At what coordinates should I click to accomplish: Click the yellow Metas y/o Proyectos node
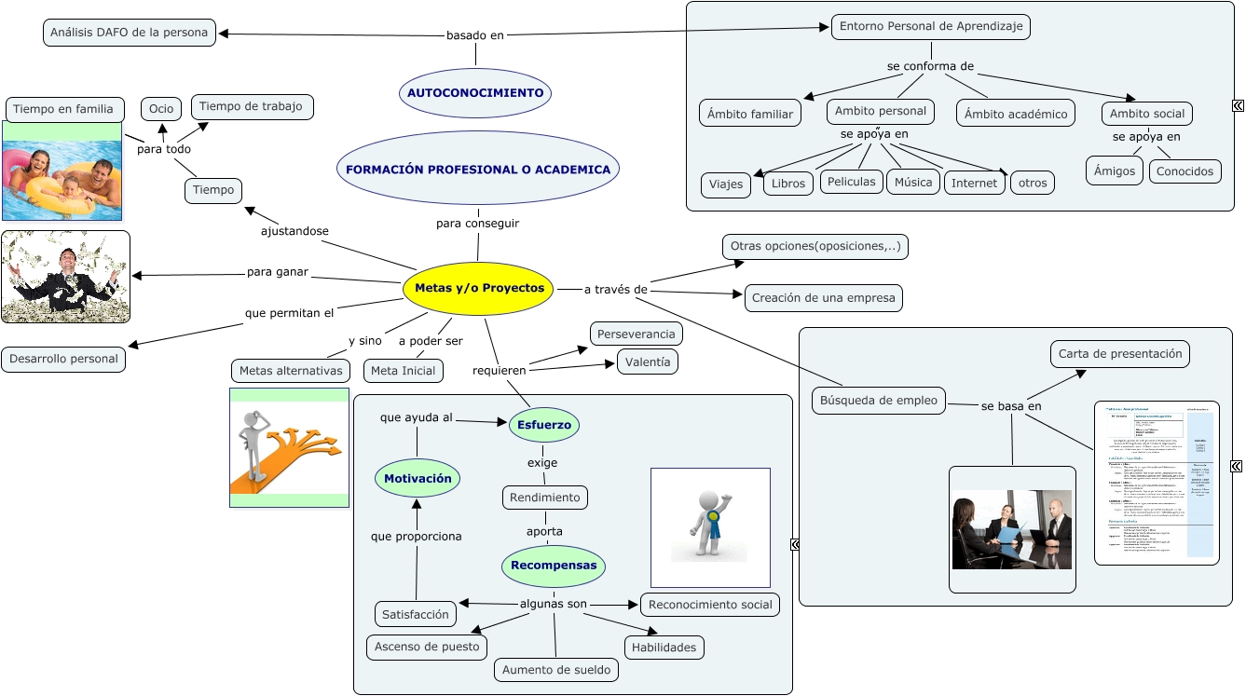[x=479, y=288]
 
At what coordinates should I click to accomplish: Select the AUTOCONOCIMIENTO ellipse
[x=475, y=93]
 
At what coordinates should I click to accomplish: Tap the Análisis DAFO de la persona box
[x=130, y=33]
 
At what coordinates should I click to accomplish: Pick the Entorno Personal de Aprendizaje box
[x=930, y=26]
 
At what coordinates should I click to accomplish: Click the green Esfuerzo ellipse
[x=544, y=425]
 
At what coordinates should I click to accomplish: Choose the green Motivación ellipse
[x=418, y=478]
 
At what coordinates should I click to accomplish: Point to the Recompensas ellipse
[x=554, y=566]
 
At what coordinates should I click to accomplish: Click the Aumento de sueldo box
[x=556, y=669]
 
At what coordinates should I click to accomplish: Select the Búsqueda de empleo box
[x=878, y=401]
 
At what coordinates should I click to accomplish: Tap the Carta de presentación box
[x=1120, y=354]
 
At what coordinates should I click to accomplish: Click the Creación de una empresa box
[x=823, y=298]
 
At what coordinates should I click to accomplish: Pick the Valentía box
[x=648, y=362]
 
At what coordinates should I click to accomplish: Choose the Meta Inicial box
[x=404, y=371]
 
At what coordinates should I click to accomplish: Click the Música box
[x=913, y=182]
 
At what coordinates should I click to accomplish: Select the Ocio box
[x=161, y=109]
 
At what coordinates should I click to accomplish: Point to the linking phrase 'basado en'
[x=475, y=35]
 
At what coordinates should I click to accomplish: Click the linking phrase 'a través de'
[x=615, y=290]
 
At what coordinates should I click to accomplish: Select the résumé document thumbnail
[x=1157, y=483]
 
